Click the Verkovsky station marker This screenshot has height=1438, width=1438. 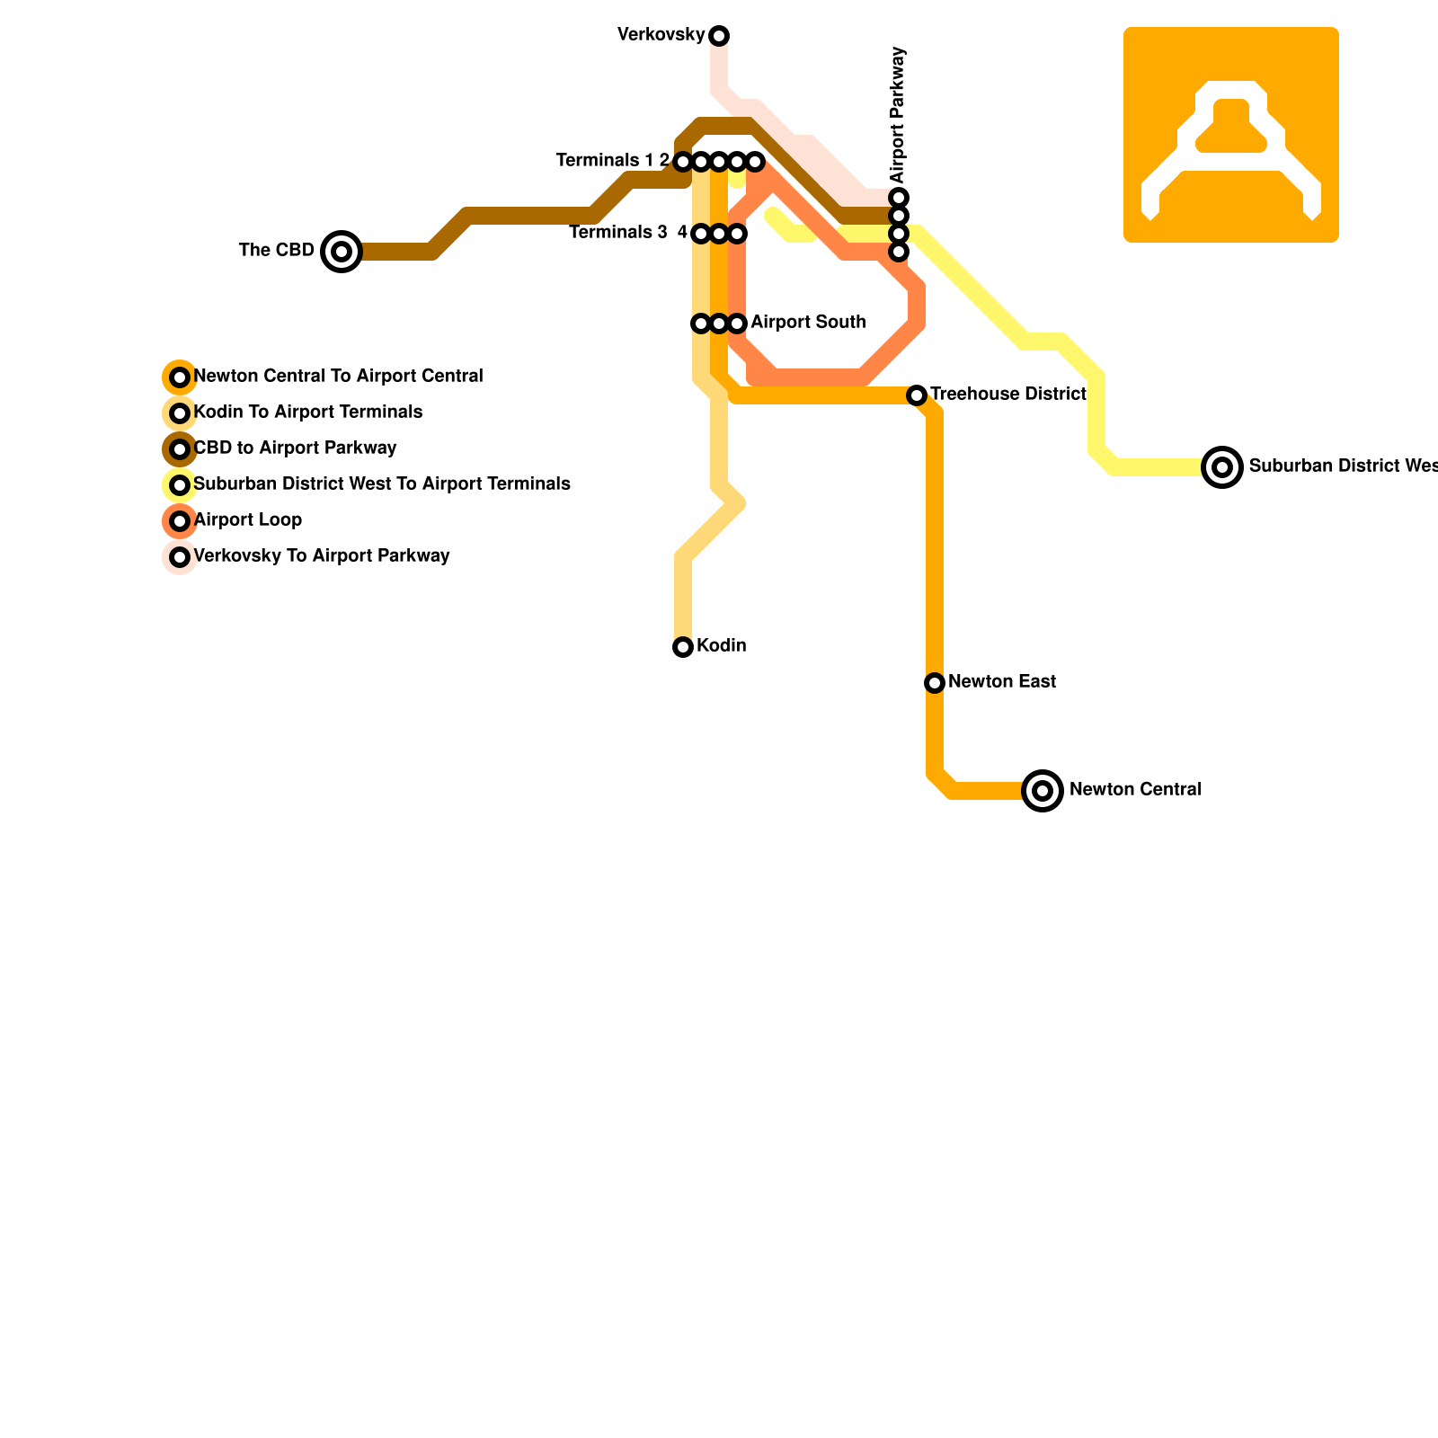pos(719,36)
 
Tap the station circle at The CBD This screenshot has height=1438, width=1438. pos(342,252)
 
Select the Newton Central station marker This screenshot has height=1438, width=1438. pos(1043,791)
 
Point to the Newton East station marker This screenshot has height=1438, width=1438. pos(935,683)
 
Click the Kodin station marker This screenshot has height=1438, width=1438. pos(683,647)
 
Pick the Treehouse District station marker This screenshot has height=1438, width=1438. pos(917,395)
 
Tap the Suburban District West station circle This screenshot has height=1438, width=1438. pos(1222,467)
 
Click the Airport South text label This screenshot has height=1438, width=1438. pos(808,323)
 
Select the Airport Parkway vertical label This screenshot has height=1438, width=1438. pos(898,115)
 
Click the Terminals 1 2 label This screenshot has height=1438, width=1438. pos(612,161)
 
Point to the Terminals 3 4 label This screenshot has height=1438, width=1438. pos(627,233)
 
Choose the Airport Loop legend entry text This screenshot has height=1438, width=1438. pos(248,520)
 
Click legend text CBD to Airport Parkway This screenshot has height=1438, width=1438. pos(295,448)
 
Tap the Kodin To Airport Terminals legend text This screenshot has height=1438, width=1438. pos(308,413)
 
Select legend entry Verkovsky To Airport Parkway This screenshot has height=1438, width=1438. pos(322,556)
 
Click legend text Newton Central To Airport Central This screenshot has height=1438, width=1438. pos(338,377)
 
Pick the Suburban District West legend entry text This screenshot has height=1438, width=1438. pos(382,484)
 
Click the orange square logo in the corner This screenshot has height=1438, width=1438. pos(1231,135)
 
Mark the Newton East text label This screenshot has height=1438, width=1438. pos(1002,682)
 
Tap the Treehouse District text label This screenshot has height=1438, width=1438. pos(1008,395)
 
